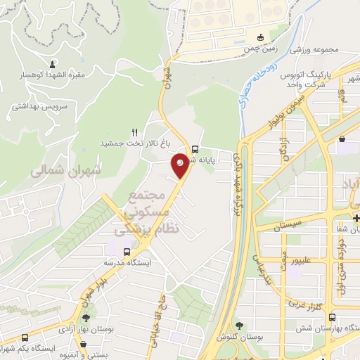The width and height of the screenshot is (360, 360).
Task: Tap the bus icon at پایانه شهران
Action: (x=195, y=148)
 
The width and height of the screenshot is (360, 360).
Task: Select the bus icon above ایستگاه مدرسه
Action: (x=127, y=252)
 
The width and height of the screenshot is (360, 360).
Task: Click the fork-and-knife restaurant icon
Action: (x=134, y=131)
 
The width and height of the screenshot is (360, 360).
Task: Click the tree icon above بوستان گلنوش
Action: (x=240, y=325)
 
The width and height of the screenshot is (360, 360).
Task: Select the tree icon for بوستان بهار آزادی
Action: (x=86, y=318)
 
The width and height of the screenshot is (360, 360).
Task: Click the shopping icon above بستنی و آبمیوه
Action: (x=84, y=345)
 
